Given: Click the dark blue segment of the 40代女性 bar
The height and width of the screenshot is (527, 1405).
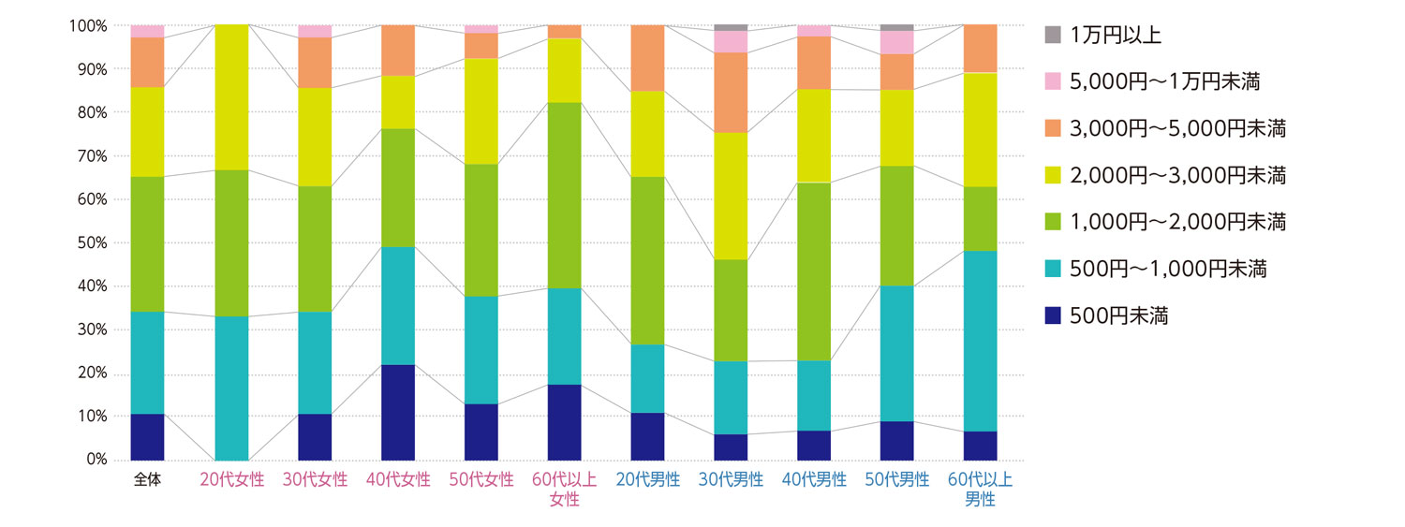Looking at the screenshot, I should [398, 412].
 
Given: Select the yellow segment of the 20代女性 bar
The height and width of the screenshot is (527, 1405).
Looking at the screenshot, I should [231, 97].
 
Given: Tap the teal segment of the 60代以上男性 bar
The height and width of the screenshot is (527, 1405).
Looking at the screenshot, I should [981, 341].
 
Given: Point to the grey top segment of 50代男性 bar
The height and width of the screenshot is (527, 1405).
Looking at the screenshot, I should [897, 27].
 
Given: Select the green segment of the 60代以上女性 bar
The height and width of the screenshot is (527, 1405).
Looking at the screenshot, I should [565, 195].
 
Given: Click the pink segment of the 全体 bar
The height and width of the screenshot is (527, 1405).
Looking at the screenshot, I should [148, 31].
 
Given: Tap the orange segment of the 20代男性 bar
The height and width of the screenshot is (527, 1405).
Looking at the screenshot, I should [647, 58].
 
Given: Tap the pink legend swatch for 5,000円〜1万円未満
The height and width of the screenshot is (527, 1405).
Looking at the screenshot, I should [1053, 82].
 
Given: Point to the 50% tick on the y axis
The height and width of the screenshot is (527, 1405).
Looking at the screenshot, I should [94, 242].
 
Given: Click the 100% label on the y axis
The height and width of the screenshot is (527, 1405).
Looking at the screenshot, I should [88, 25].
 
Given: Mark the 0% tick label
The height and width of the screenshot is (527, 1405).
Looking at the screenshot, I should [96, 460].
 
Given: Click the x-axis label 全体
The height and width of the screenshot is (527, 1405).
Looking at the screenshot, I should [148, 480].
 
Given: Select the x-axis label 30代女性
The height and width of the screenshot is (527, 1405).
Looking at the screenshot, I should [315, 480].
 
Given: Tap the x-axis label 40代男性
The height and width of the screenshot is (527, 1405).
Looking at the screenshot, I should [814, 480].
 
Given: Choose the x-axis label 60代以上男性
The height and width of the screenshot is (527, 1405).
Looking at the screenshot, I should [981, 490].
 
